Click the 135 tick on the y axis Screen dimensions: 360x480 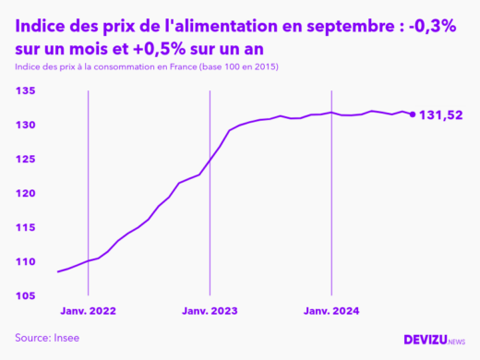click(25, 90)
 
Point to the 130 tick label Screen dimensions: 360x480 click(25, 125)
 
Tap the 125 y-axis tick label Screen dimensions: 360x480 click(25, 159)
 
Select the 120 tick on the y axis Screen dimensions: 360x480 click(25, 193)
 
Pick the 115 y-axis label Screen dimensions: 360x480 click(25, 227)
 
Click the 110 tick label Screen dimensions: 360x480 click(25, 261)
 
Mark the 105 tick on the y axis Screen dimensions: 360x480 click(25, 295)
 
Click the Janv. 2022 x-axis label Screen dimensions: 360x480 click(88, 312)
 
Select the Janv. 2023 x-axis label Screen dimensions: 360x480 click(210, 312)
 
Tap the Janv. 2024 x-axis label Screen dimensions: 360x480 click(331, 312)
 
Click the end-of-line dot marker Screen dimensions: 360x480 click(412, 114)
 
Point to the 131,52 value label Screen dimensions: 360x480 click(441, 115)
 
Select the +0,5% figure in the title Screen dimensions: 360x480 click(135, 49)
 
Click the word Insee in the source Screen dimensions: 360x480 click(66, 338)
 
